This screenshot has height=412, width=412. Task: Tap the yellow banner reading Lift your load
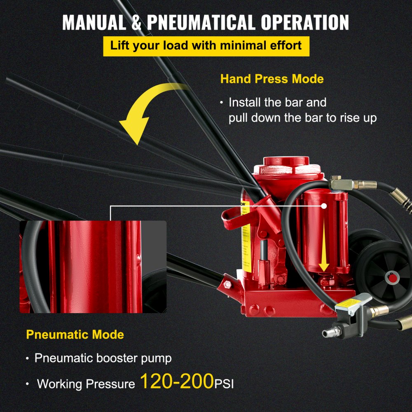tap(206, 45)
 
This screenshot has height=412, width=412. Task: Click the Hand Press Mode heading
tap(272, 79)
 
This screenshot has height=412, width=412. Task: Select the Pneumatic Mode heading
tap(75, 334)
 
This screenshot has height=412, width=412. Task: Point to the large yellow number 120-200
tap(177, 382)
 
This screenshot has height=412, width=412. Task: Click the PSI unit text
tap(224, 384)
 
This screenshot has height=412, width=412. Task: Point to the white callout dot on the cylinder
tap(324, 205)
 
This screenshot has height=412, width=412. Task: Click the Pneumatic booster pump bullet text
tap(103, 358)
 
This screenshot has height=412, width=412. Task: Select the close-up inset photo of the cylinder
tap(93, 267)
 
